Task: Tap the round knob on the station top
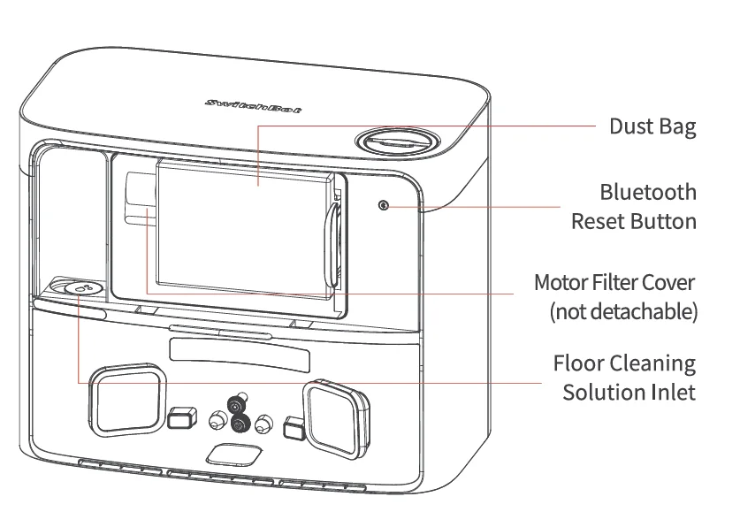[397, 141]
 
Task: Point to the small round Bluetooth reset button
[383, 205]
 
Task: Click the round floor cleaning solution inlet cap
[80, 288]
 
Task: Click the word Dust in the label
[629, 126]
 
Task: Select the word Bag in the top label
[676, 126]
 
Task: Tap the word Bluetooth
[647, 192]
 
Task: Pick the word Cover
[673, 283]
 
